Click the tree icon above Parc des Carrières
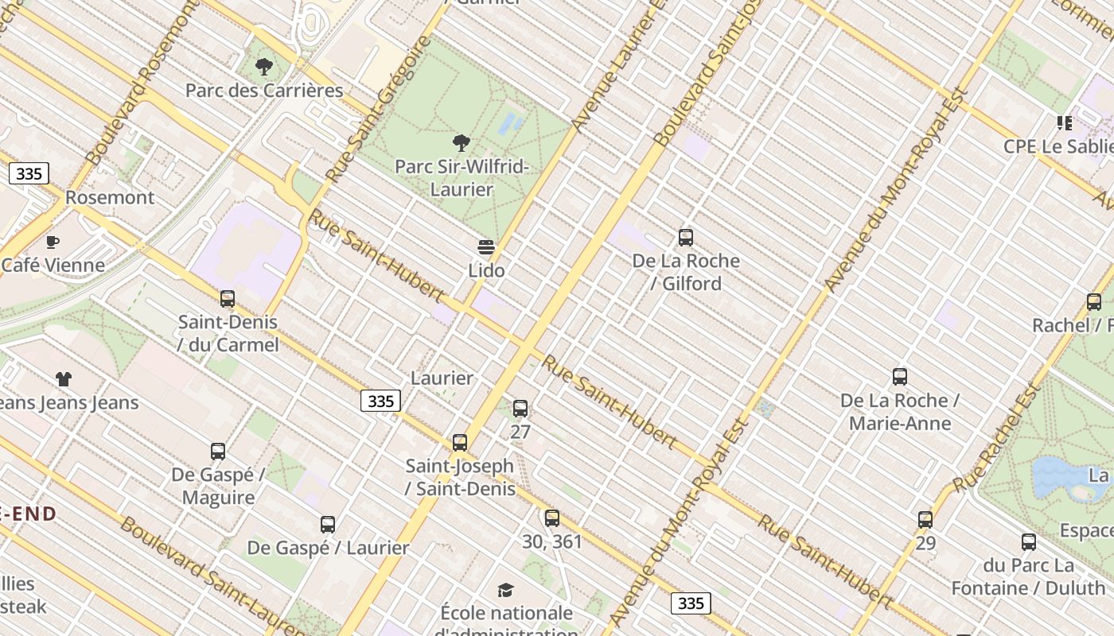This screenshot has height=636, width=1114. coord(263,67)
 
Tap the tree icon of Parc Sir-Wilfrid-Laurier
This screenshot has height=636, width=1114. coord(461,144)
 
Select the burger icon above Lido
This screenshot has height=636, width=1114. coord(486,247)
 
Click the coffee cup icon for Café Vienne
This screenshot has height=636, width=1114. coord(53,242)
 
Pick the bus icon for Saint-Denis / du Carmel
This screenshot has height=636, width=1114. coord(228,299)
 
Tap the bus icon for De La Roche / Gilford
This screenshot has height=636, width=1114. coord(685,237)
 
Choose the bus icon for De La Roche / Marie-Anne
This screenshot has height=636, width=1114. coord(900,377)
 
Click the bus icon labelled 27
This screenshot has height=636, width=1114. coord(520,409)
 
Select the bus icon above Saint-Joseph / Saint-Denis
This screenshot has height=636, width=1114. coord(460,443)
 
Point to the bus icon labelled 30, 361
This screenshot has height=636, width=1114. coord(552,518)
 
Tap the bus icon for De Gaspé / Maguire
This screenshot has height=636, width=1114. coord(218,452)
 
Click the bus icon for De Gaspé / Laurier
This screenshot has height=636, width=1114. coord(328,525)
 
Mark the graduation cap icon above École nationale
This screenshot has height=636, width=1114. coord(505,590)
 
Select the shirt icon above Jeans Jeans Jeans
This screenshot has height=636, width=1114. coord(64,379)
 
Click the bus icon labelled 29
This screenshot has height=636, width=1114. coord(925,520)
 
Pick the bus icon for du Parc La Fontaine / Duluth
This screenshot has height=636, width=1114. coord(1029,542)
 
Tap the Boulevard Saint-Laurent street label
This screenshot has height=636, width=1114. coord(211,576)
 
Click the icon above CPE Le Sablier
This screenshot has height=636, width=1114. coord(1065,123)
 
